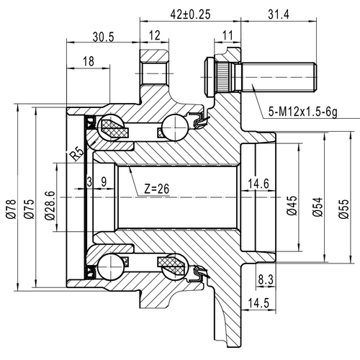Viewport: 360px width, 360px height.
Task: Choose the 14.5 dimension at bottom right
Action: [260, 302]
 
